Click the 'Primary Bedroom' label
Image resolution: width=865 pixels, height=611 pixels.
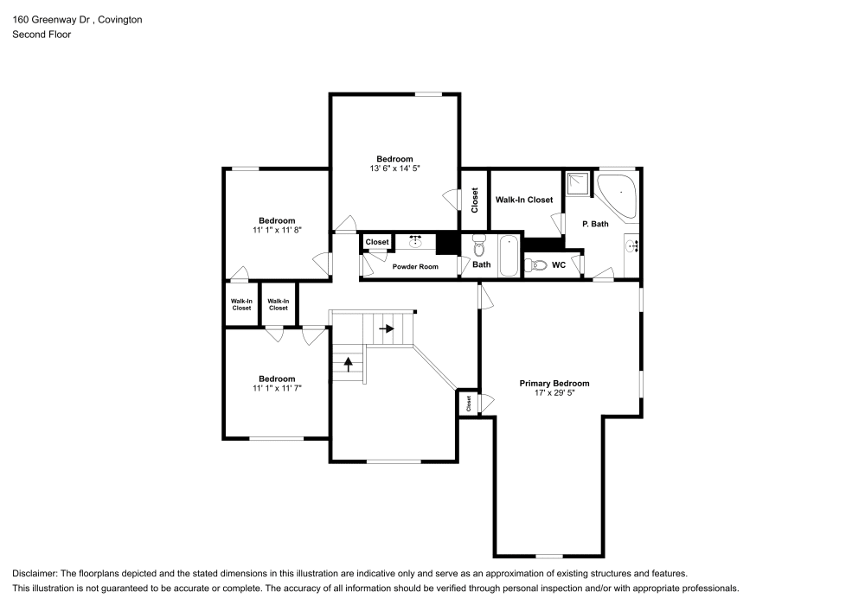(x=554, y=383)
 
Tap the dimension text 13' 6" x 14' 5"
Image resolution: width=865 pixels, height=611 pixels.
(x=394, y=169)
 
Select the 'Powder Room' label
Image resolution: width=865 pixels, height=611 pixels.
(x=415, y=266)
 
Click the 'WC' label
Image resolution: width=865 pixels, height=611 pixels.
(x=559, y=265)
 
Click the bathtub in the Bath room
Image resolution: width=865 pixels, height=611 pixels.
(x=509, y=256)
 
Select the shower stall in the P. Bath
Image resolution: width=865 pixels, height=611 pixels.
(x=577, y=184)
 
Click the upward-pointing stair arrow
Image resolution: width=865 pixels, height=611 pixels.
(x=349, y=363)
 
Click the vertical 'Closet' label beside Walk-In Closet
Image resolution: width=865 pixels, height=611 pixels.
(x=474, y=200)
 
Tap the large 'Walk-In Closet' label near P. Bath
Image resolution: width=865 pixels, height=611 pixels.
(x=524, y=200)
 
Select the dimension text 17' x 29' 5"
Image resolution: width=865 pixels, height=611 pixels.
(x=554, y=393)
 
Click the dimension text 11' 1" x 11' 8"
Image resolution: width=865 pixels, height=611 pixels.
(x=277, y=231)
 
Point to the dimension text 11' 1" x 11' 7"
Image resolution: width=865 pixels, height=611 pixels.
(x=277, y=389)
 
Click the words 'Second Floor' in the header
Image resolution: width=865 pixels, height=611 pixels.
(x=42, y=35)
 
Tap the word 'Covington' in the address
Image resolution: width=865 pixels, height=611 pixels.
(x=120, y=19)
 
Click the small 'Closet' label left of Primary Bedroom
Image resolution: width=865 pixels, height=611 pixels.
(x=469, y=403)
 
